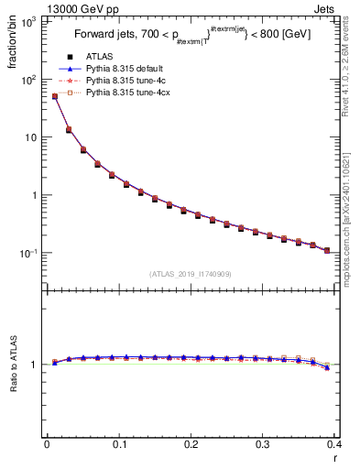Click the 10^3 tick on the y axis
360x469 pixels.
click(x=29, y=21)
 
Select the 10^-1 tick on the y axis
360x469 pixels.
click(x=29, y=253)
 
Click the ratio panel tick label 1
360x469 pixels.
click(x=36, y=365)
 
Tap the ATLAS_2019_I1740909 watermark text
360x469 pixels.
click(x=190, y=274)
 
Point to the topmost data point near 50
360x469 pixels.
click(x=54, y=96)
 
